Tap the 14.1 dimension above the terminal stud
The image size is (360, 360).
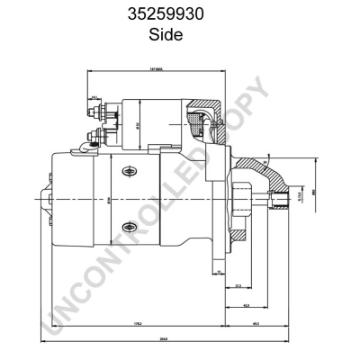pyautogui.click(x=94, y=96)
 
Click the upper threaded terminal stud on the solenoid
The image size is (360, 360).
pyautogui.click(x=97, y=115)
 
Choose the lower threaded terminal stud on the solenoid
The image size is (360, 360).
pyautogui.click(x=95, y=138)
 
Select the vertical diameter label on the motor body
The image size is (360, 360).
pyautogui.click(x=108, y=200)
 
